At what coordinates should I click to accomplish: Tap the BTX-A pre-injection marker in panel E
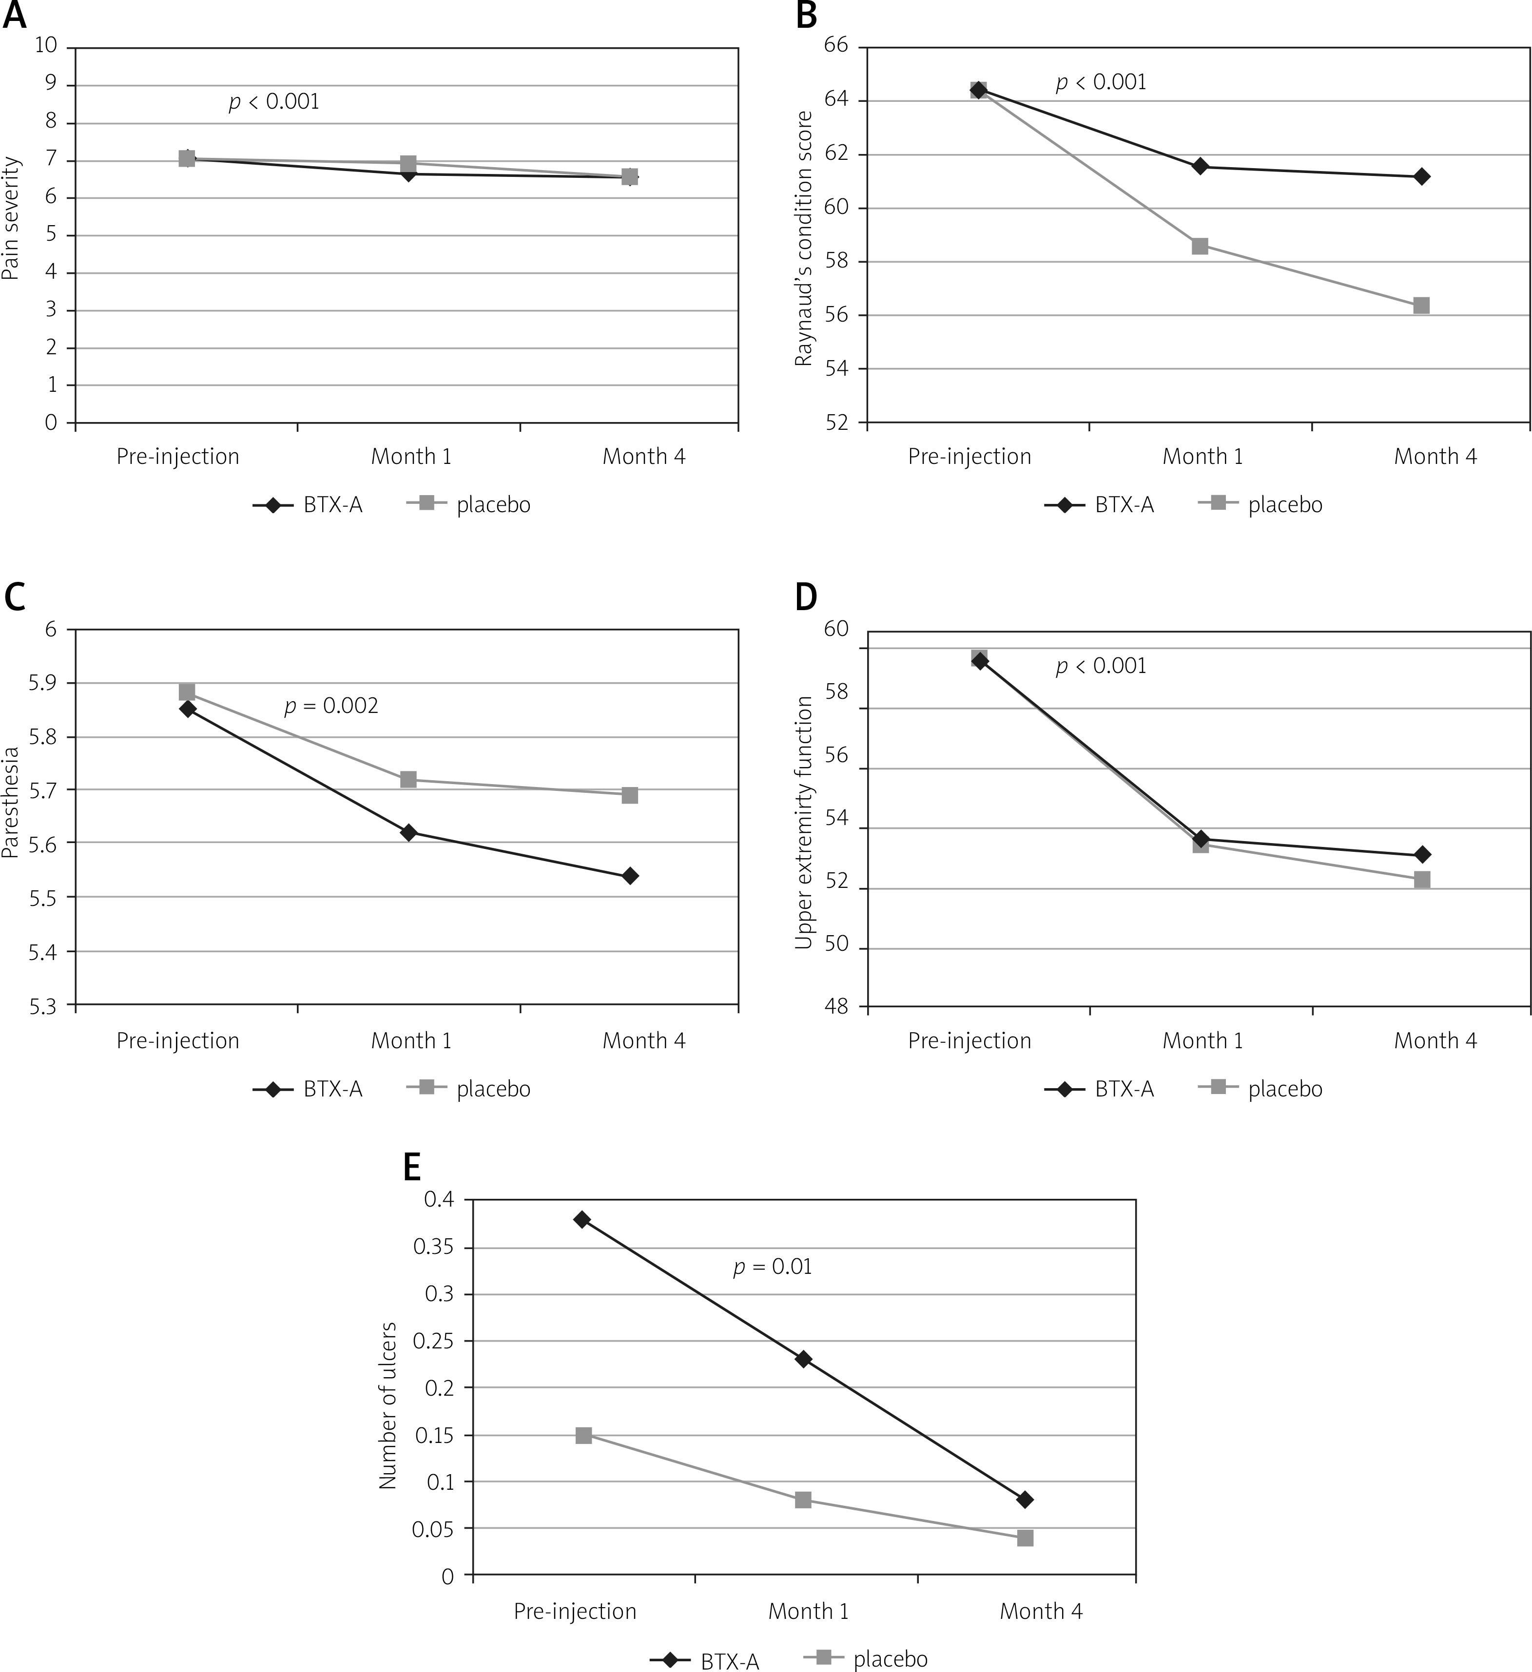[x=582, y=1219]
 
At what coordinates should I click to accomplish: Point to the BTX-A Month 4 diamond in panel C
[x=630, y=876]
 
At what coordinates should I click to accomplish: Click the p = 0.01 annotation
[x=772, y=1267]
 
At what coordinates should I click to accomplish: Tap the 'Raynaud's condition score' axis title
[x=803, y=238]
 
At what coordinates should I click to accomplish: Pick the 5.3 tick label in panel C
[x=43, y=1006]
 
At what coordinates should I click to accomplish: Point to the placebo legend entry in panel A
[x=493, y=504]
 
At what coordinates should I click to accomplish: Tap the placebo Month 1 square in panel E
[x=803, y=1499]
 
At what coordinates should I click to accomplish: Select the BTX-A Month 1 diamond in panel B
[x=1200, y=167]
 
